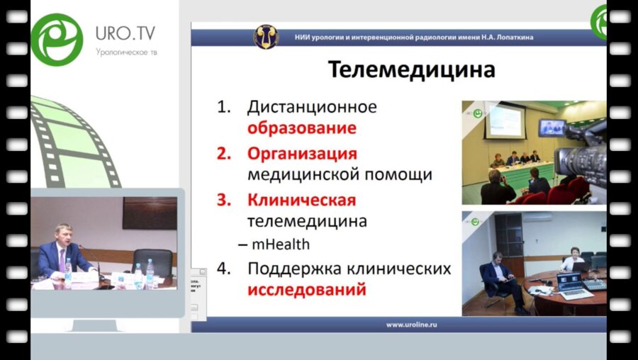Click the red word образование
301,129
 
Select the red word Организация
302,153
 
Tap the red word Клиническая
301,200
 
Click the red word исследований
306,289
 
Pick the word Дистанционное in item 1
311,108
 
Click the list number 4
224,269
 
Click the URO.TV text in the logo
125,33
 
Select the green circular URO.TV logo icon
57,40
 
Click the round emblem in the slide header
266,37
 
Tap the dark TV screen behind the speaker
149,213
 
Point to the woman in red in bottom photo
572,259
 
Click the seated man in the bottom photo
499,278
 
